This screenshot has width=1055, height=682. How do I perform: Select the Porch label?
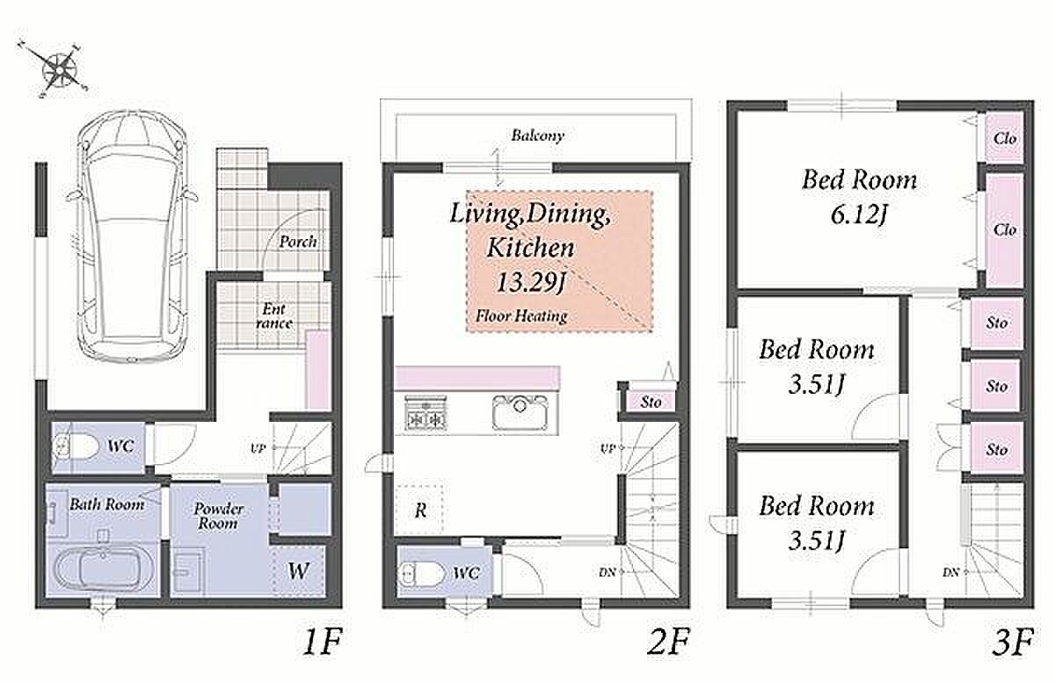point(298,242)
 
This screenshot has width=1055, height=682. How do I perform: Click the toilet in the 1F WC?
point(75,447)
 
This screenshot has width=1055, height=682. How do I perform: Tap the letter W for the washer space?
point(298,571)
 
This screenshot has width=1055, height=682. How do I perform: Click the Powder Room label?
point(219,516)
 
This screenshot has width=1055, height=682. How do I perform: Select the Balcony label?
point(537,136)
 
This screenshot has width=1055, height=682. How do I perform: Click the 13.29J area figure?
point(531,284)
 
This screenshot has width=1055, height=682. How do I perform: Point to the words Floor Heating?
point(521,316)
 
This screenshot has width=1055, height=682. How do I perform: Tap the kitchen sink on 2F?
point(520,413)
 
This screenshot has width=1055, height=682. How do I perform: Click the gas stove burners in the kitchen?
point(426,413)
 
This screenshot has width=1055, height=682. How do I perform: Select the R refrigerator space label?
point(420,511)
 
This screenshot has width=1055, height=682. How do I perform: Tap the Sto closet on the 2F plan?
point(651,403)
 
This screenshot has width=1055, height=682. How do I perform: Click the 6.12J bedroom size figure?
point(859,216)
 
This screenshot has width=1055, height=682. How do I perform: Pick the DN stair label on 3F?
point(951,572)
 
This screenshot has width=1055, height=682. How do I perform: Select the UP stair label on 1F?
point(258,448)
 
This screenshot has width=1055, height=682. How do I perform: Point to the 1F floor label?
point(322,642)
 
